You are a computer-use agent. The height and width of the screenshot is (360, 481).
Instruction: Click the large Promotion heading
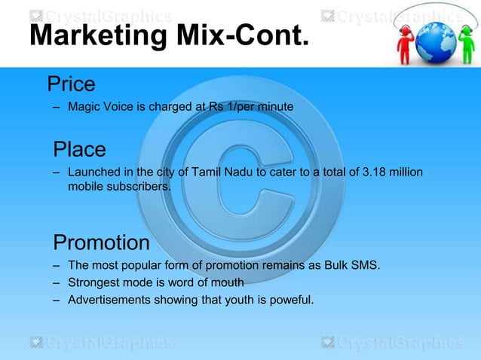coord(101,243)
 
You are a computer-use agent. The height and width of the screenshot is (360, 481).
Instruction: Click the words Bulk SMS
coord(354,267)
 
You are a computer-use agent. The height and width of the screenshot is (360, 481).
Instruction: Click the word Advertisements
coord(106,301)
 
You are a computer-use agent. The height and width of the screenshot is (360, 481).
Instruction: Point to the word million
coord(406,174)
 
